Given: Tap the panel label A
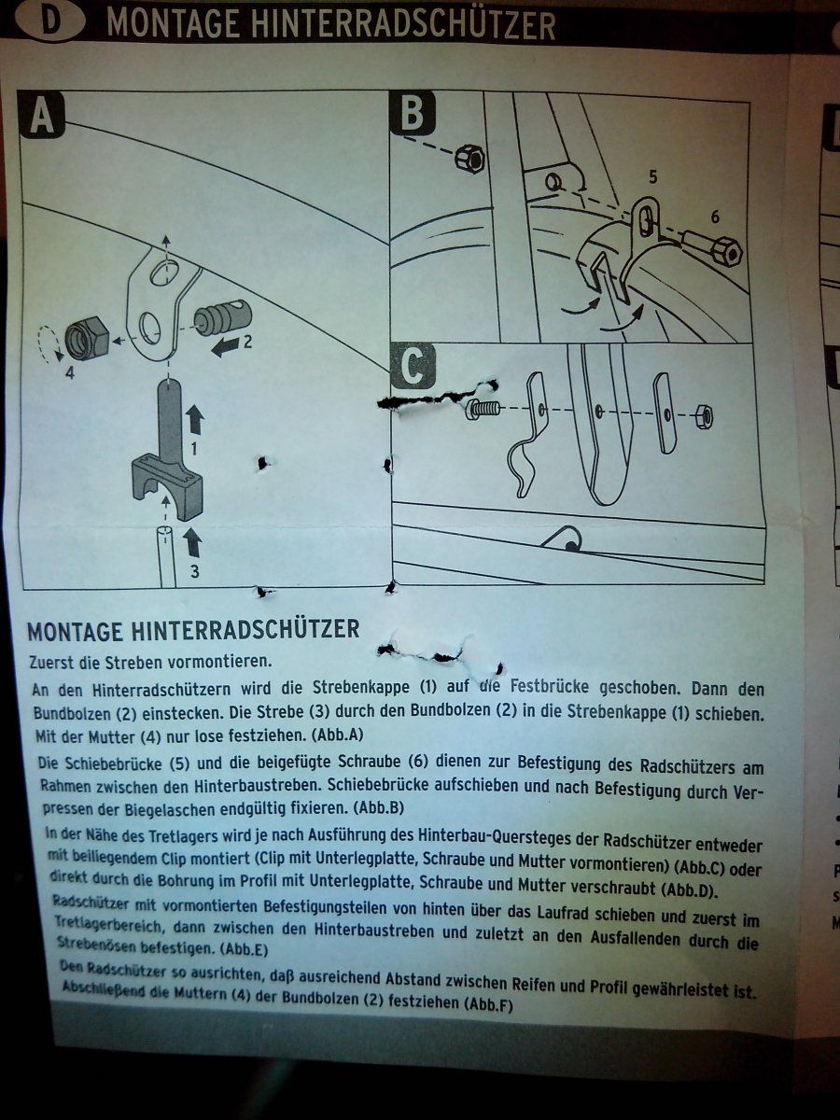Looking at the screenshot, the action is [x=42, y=116].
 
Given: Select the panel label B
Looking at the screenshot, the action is [x=413, y=112].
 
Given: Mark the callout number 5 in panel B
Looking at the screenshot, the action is [x=652, y=177].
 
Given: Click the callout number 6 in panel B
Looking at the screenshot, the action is [x=715, y=217].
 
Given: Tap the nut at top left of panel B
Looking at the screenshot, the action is [x=469, y=160].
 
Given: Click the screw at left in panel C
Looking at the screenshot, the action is [x=482, y=409].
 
